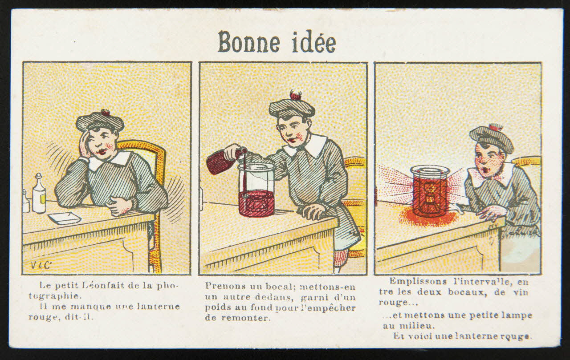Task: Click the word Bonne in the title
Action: pos(249,42)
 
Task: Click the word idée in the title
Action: pos(314,42)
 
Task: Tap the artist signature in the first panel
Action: pos(41,265)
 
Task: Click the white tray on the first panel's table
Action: pos(65,218)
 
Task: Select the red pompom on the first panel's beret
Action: pos(106,113)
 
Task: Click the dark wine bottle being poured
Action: pos(224,162)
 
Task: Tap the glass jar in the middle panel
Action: pos(256,190)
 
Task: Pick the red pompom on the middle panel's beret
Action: pos(295,96)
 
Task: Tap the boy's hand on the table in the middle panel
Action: pos(314,211)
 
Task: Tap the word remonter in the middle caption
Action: pos(245,318)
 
